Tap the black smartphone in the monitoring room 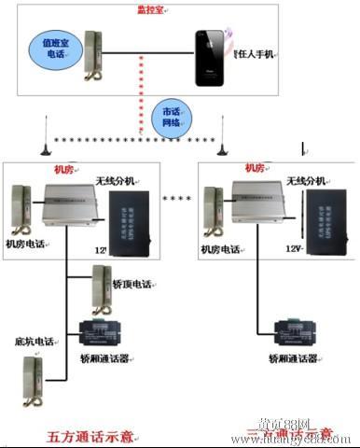coord(212,58)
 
